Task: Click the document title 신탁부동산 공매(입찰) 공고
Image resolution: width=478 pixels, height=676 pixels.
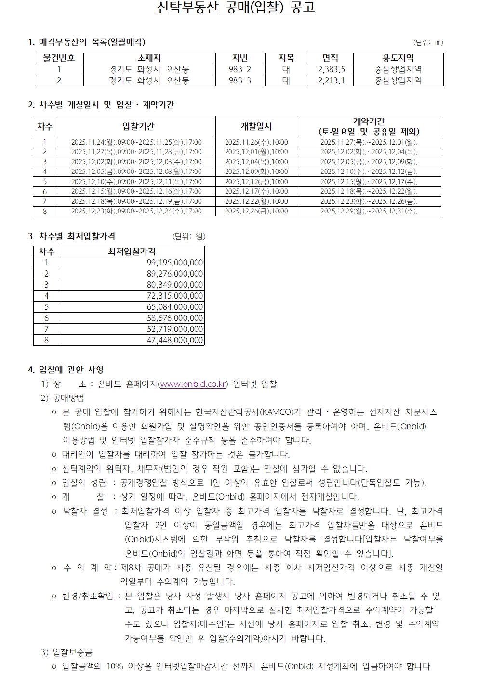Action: pyautogui.click(x=236, y=8)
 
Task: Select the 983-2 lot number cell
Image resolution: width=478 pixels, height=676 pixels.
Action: pyautogui.click(x=239, y=69)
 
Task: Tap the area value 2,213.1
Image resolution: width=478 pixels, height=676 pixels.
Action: pyautogui.click(x=331, y=80)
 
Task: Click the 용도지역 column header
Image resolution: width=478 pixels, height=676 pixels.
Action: pyautogui.click(x=398, y=58)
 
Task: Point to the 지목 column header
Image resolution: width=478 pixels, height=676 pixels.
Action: pyautogui.click(x=286, y=58)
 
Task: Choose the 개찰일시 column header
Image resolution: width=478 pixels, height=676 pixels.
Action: pyautogui.click(x=256, y=126)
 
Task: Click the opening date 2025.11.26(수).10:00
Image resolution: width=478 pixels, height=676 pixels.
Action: pyautogui.click(x=256, y=142)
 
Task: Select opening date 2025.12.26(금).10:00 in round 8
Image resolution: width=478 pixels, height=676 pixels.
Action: pyautogui.click(x=256, y=211)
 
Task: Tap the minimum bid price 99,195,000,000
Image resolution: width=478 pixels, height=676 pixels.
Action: pyautogui.click(x=175, y=263)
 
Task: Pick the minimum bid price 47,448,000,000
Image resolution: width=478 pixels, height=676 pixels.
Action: pyautogui.click(x=175, y=340)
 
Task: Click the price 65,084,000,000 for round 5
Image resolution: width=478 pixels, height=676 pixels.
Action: pyautogui.click(x=175, y=307)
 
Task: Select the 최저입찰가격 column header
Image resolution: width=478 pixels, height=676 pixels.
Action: pyautogui.click(x=132, y=252)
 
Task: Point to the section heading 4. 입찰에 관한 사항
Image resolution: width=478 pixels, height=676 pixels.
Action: pyautogui.click(x=66, y=370)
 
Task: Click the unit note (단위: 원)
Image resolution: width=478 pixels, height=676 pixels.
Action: pyautogui.click(x=189, y=236)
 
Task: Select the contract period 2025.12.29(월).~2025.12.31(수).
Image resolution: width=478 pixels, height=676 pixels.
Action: pyautogui.click(x=369, y=211)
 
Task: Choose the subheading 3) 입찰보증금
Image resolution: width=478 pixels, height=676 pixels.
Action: pyautogui.click(x=67, y=653)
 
